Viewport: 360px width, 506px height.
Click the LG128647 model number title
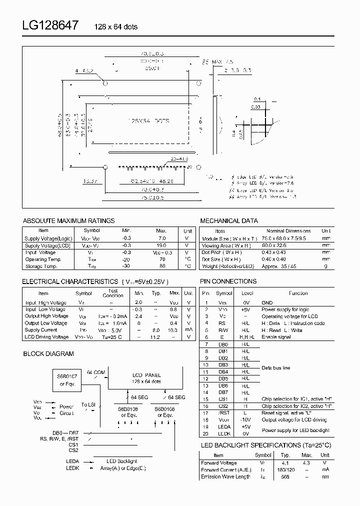click(49, 25)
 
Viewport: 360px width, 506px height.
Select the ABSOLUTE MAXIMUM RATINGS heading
click(69, 220)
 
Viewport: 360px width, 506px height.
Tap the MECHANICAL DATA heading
click(229, 220)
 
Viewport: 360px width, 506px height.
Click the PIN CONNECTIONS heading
click(228, 281)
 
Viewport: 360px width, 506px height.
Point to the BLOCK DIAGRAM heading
click(48, 353)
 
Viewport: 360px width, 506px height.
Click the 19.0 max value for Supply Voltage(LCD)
click(161, 245)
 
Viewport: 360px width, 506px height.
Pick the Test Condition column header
click(112, 293)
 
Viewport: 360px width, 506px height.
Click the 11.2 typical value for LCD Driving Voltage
click(156, 337)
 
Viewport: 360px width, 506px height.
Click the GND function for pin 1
click(267, 302)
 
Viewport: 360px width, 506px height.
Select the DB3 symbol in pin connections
click(223, 365)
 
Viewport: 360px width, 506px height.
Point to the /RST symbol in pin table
click(223, 413)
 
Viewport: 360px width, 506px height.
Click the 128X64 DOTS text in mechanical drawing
click(149, 121)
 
